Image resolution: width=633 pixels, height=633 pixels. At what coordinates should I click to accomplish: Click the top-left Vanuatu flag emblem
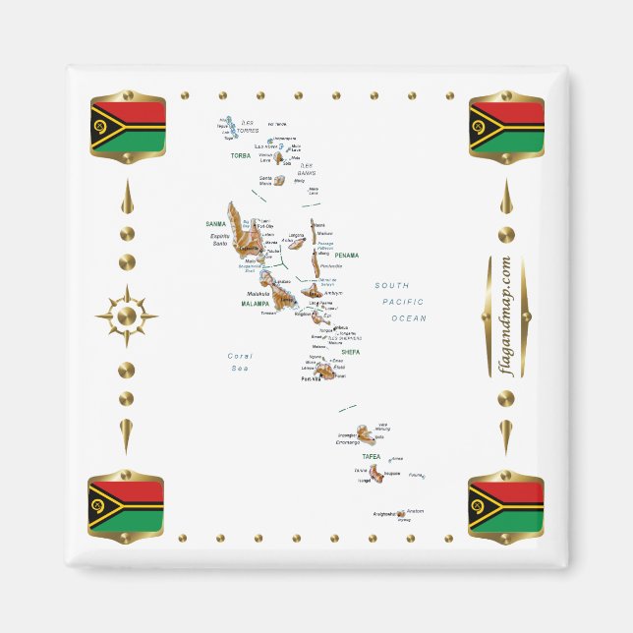coord(128,125)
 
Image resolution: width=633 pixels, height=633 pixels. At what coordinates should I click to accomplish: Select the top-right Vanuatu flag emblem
coord(506,125)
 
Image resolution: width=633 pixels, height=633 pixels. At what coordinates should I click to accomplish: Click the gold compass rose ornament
coord(127,316)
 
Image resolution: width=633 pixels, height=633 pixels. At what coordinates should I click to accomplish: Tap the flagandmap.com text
coord(505,315)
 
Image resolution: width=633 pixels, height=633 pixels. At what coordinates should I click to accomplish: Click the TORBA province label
coord(240,154)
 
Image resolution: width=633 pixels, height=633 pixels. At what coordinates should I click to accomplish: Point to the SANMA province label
coord(216,224)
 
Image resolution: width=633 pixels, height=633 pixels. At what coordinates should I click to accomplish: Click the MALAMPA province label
coord(256,305)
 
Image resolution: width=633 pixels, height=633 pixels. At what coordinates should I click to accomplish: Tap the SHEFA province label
coord(351,351)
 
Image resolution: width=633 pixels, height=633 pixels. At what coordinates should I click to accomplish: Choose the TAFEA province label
coord(371,457)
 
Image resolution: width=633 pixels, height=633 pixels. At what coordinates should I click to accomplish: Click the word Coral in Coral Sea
coord(241,356)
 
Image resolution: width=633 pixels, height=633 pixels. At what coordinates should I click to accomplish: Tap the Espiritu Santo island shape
coord(239,231)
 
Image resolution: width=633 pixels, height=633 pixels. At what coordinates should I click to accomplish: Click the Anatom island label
coord(415,511)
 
